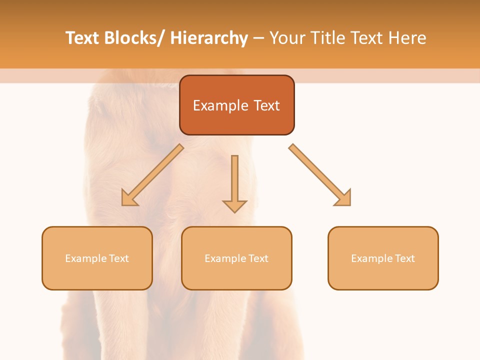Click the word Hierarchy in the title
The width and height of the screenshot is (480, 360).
pos(209,38)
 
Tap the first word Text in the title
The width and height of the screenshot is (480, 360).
pos(83,38)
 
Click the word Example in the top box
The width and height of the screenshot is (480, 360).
pos(213,105)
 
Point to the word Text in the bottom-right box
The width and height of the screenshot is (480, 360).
pos(404,258)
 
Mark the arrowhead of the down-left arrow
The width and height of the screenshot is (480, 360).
pos(129,198)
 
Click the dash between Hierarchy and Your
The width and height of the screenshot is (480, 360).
pos(258,38)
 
